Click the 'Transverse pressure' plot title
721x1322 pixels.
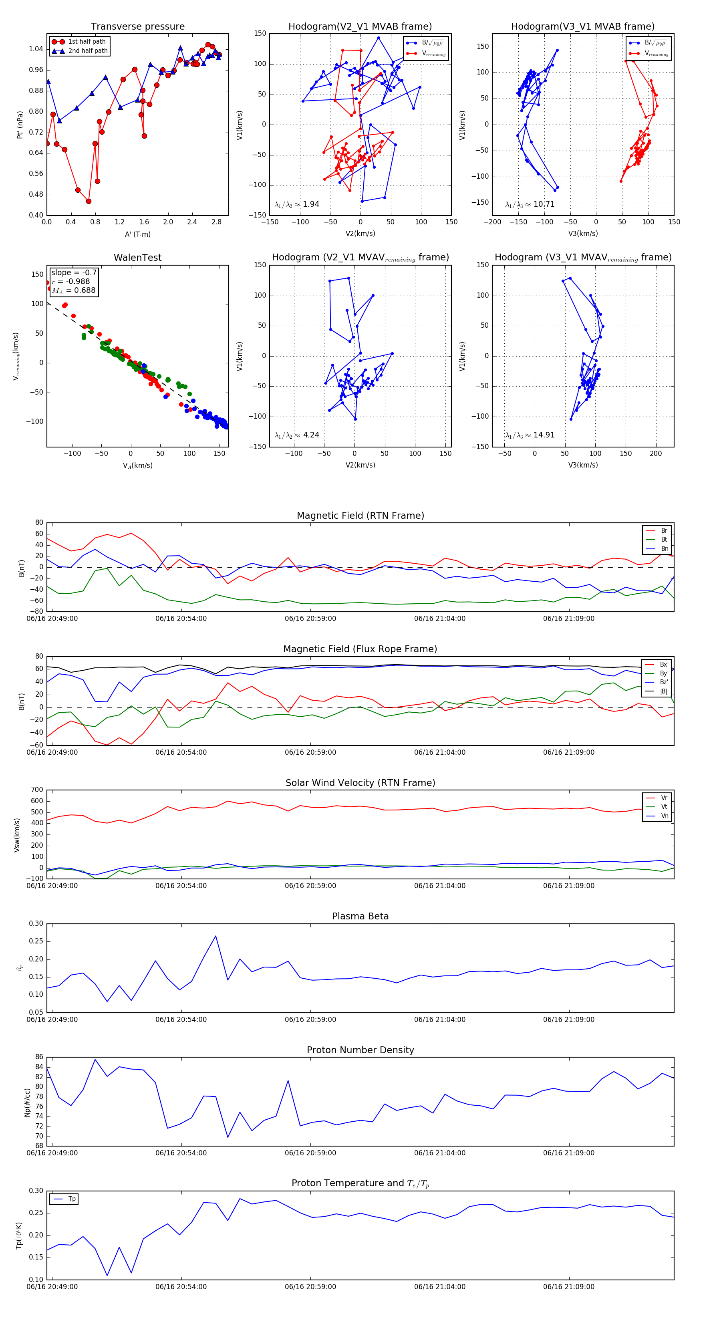[x=137, y=27]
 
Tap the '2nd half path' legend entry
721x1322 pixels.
[x=88, y=51]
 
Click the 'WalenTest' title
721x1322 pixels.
[x=137, y=258]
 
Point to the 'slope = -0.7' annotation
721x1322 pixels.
[x=73, y=272]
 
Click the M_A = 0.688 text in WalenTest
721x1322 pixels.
[x=73, y=290]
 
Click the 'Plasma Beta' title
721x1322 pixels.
[x=360, y=917]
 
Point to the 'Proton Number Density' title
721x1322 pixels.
[x=360, y=1050]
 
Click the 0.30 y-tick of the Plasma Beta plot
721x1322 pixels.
[x=36, y=924]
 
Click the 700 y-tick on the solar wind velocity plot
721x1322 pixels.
[x=37, y=790]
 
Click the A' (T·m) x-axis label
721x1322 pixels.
[x=137, y=234]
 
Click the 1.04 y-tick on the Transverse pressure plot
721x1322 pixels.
[x=36, y=49]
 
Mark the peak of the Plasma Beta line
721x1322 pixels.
[x=215, y=936]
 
